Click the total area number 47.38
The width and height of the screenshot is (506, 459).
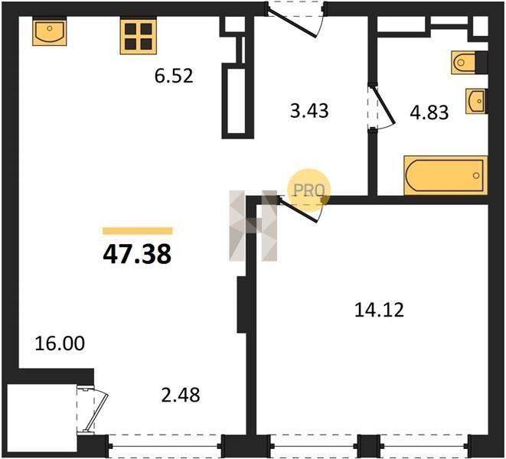click(137, 254)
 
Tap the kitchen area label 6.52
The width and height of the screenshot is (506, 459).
click(174, 76)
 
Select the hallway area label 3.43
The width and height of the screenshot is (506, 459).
click(309, 110)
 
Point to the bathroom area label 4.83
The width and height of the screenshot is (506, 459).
click(429, 112)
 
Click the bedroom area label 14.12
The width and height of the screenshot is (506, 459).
click(379, 310)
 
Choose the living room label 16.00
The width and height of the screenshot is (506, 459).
click(60, 343)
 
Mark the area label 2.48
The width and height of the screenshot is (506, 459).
click(181, 396)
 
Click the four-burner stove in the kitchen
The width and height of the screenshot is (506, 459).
click(139, 35)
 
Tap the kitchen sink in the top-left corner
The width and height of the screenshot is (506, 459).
click(49, 31)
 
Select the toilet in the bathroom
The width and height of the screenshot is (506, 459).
click(464, 62)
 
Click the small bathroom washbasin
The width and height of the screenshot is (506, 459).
click(476, 101)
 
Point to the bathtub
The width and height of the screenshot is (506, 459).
click(446, 175)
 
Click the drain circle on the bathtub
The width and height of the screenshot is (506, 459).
click(476, 175)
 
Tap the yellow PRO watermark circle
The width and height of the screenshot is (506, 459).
click(308, 190)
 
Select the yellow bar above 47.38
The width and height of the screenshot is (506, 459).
click(137, 230)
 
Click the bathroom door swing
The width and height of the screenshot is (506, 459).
click(383, 106)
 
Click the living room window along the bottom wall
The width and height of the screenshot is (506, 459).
click(165, 447)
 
